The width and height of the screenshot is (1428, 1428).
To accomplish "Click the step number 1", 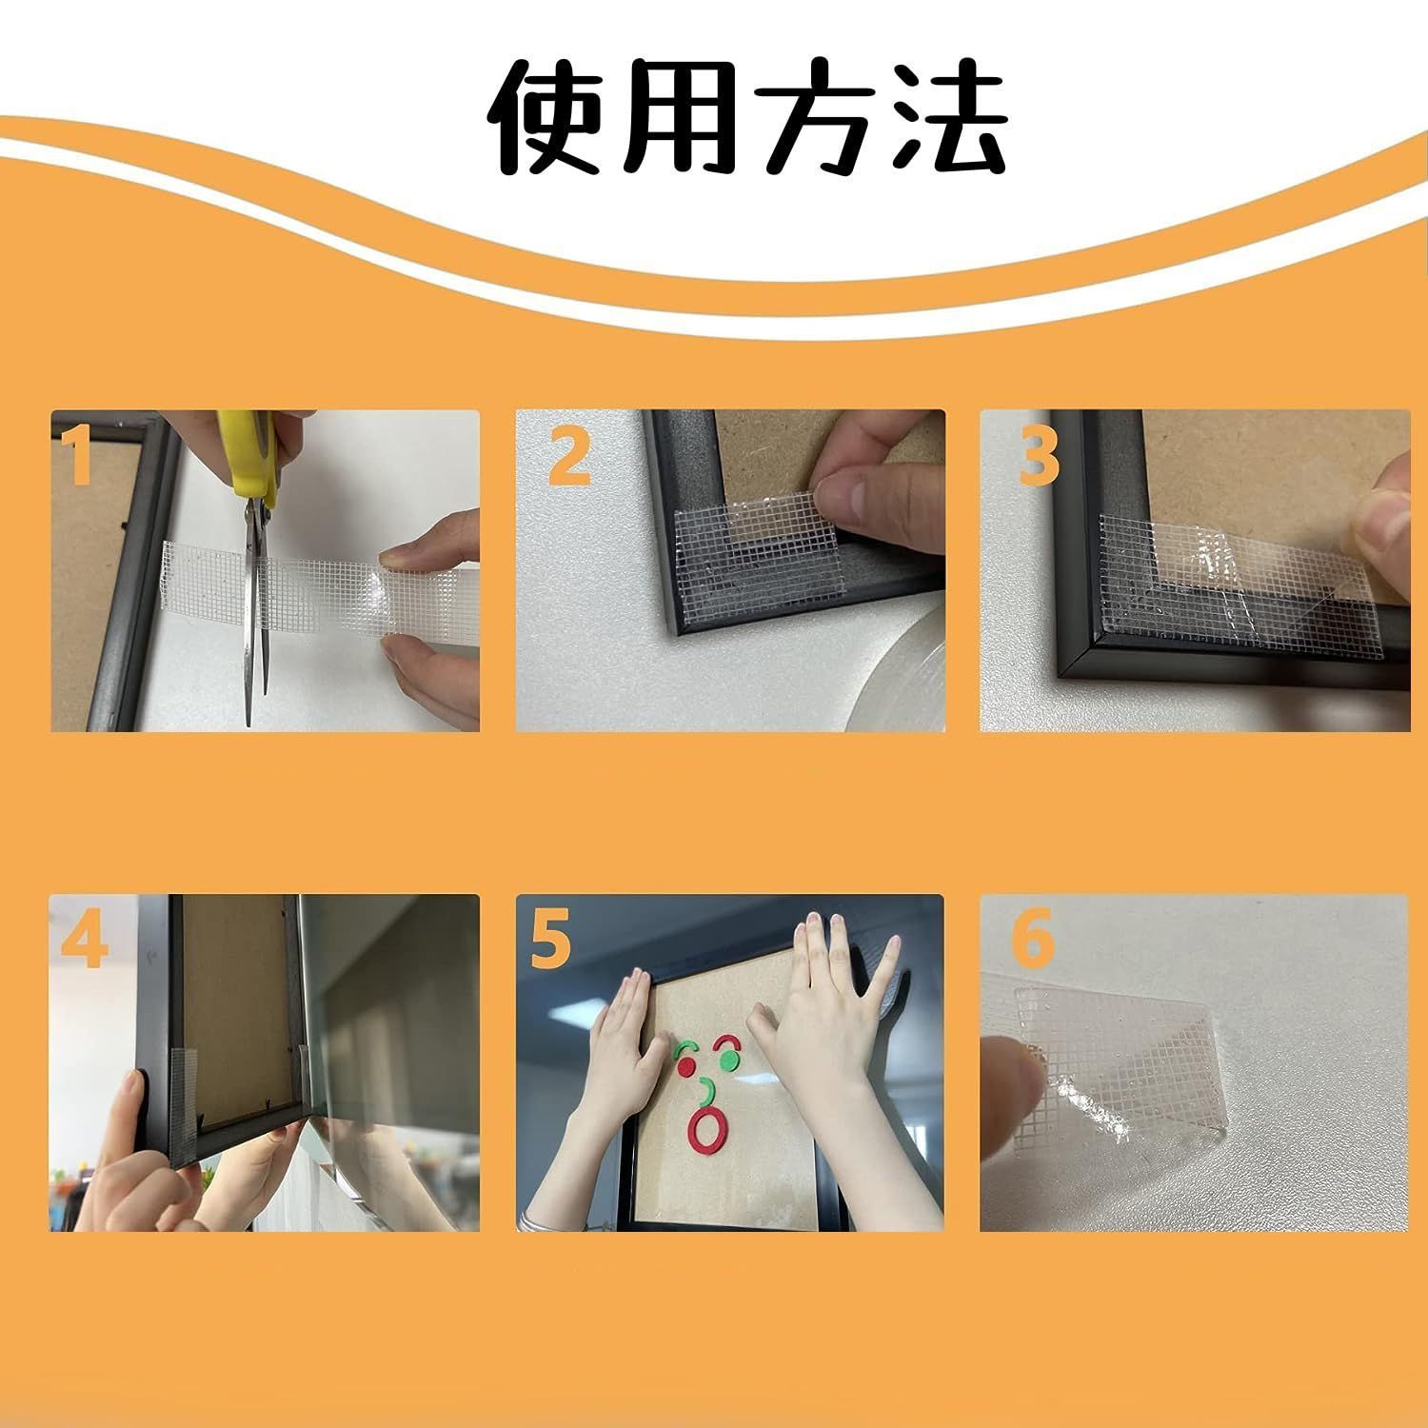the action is pyautogui.click(x=80, y=455).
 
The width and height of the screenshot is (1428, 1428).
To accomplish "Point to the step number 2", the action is pyautogui.click(x=569, y=455).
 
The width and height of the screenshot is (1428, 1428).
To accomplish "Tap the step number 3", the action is pyautogui.click(x=1038, y=455).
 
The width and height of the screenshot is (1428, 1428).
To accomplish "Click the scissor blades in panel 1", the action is pyautogui.click(x=253, y=609).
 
